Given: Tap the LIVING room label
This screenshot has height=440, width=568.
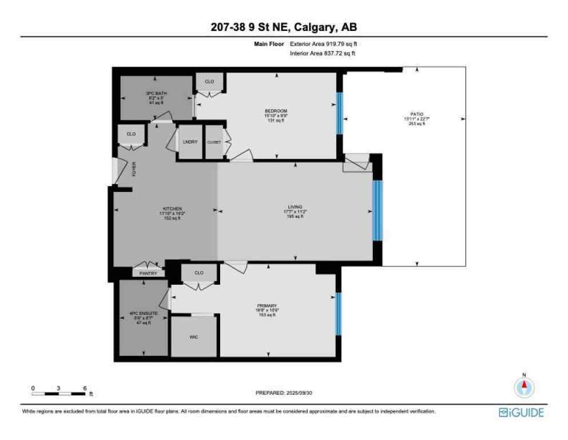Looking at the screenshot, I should tap(295, 207).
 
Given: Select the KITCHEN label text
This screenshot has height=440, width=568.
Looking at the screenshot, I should tap(172, 209).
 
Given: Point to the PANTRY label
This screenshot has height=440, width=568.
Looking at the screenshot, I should tap(149, 273).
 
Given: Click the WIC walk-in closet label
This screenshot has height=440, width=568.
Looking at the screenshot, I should tap(194, 337).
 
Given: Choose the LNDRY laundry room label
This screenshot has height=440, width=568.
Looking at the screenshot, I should tap(190, 142).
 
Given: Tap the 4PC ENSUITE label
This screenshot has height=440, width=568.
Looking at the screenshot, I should tap(140, 314).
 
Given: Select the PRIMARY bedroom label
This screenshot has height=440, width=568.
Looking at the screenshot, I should tap(267, 306).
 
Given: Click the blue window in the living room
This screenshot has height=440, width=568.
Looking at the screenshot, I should tap(376, 210).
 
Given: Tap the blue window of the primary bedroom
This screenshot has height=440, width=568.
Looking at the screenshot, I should tap(338, 313).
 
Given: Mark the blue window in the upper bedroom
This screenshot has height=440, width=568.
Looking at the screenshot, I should tap(339, 112).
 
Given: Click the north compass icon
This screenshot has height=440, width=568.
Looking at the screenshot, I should tap(523, 388).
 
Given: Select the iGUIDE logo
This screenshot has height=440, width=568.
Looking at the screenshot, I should tap(521, 412).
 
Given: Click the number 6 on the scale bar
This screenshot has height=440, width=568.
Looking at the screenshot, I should tap(85, 388).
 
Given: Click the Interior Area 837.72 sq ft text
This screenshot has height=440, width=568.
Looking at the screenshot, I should tap(323, 53).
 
